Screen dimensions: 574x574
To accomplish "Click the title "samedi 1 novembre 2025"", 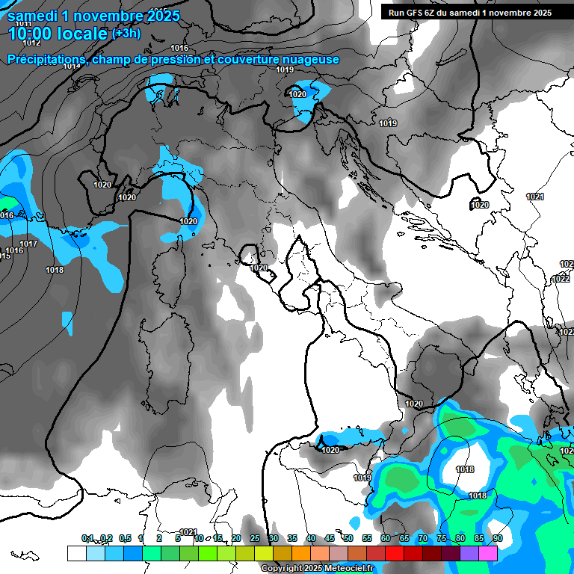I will tap(85, 15).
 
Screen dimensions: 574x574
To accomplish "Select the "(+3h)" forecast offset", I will tap(129, 34).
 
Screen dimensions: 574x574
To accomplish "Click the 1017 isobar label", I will tap(28, 244).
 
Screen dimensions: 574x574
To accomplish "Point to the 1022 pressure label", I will tap(561, 279).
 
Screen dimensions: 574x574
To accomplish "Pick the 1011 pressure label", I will tap(23, 25).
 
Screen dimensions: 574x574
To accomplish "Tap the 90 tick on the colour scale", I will tap(497, 539).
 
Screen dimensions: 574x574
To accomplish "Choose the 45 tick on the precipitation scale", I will tap(329, 539).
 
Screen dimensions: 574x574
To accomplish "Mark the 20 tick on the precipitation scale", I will tap(235, 539).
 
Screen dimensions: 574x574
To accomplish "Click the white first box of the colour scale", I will tap(76, 553).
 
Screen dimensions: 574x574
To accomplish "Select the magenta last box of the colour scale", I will tap(487, 553).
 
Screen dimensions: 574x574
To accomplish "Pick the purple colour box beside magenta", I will tap(469, 553).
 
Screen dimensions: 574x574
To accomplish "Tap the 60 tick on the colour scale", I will tap(385, 539).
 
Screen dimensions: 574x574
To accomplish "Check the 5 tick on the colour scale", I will tap(178, 539).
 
